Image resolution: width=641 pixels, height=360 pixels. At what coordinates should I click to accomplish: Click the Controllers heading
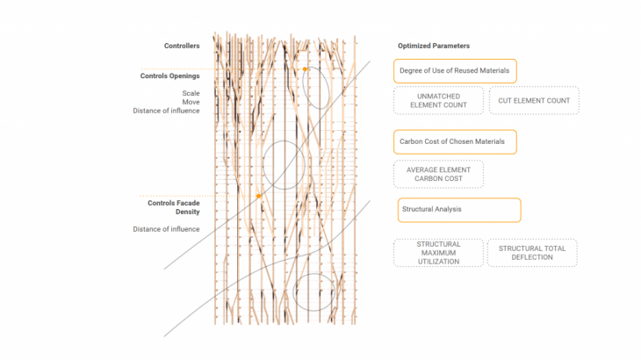pyautogui.click(x=182, y=46)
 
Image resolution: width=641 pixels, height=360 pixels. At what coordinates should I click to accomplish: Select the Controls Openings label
pyautogui.click(x=170, y=76)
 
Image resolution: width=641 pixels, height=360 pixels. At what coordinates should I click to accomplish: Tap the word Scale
pyautogui.click(x=191, y=93)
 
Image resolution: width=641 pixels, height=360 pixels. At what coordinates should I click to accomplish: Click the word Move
pyautogui.click(x=191, y=102)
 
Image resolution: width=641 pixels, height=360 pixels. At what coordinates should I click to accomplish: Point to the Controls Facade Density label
pyautogui.click(x=174, y=207)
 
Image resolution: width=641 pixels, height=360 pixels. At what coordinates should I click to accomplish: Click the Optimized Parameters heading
pyautogui.click(x=434, y=46)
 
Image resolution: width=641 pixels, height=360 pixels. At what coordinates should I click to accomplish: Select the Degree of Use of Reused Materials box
pyautogui.click(x=455, y=71)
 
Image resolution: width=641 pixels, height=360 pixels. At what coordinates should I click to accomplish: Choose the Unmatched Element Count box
pyautogui.click(x=439, y=100)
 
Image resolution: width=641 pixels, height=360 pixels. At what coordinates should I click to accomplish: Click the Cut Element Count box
pyautogui.click(x=534, y=100)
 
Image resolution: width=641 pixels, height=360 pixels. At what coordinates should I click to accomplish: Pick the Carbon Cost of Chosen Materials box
pyautogui.click(x=455, y=141)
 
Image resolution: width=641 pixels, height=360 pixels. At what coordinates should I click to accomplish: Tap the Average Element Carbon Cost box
pyautogui.click(x=439, y=174)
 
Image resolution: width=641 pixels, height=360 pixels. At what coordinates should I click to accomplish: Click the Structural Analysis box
pyautogui.click(x=459, y=210)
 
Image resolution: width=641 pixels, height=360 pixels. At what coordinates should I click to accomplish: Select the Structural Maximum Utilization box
pyautogui.click(x=439, y=253)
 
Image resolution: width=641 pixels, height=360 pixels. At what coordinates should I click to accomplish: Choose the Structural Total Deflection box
pyautogui.click(x=532, y=253)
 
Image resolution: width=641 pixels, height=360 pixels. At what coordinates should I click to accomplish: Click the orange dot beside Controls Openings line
pyautogui.click(x=305, y=69)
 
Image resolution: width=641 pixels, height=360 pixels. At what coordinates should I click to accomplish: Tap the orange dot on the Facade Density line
pyautogui.click(x=258, y=196)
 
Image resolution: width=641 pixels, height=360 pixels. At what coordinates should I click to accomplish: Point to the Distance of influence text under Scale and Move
pyautogui.click(x=166, y=111)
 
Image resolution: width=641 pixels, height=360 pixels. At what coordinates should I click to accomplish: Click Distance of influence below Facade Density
pyautogui.click(x=166, y=229)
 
